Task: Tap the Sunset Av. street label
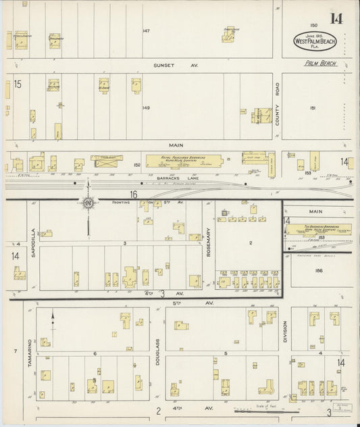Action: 165,66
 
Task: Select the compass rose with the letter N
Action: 88,201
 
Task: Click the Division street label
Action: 285,331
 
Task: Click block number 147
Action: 146,31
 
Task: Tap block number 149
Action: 146,107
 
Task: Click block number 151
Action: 312,107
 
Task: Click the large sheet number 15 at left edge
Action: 18,84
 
